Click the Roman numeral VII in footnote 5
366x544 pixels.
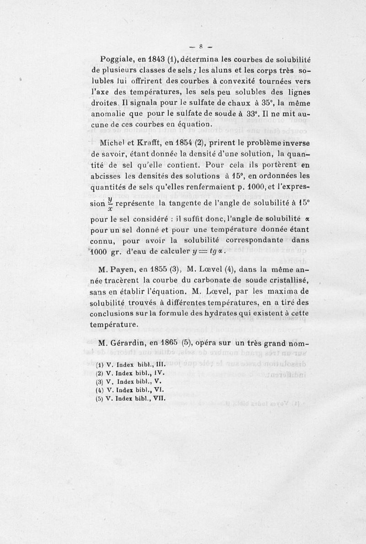pyautogui.click(x=157, y=398)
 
